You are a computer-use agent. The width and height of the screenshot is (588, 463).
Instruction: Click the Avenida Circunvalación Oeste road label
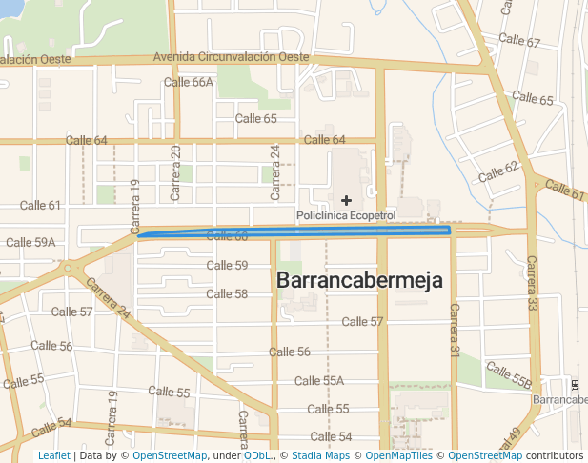pyautogui.click(x=232, y=57)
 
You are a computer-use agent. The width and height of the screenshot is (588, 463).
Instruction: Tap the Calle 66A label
pyautogui.click(x=189, y=82)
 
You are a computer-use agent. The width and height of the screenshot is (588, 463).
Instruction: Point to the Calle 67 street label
pyautogui.click(x=519, y=43)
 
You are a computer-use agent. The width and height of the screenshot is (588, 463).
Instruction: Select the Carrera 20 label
pyautogui.click(x=175, y=172)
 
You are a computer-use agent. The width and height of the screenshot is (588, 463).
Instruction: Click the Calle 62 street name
pyautogui.click(x=498, y=171)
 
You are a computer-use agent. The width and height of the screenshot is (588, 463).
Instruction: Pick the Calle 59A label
pyautogui.click(x=30, y=243)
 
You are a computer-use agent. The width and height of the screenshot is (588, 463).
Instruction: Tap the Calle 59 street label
pyautogui.click(x=227, y=265)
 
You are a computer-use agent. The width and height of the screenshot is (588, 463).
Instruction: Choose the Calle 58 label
pyautogui.click(x=227, y=293)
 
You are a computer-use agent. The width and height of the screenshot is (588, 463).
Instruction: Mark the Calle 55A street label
pyautogui.click(x=319, y=381)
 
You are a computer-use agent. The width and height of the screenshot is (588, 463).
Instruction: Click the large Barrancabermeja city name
pyautogui.click(x=360, y=280)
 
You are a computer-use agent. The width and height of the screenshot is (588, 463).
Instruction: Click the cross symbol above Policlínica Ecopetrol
pyautogui.click(x=347, y=200)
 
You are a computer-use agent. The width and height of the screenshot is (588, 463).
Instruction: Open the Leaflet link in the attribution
pyautogui.click(x=53, y=455)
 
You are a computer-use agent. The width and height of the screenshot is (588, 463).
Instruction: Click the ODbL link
pyautogui.click(x=256, y=455)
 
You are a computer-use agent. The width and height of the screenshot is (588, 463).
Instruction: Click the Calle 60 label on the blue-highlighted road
pyautogui.click(x=227, y=235)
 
